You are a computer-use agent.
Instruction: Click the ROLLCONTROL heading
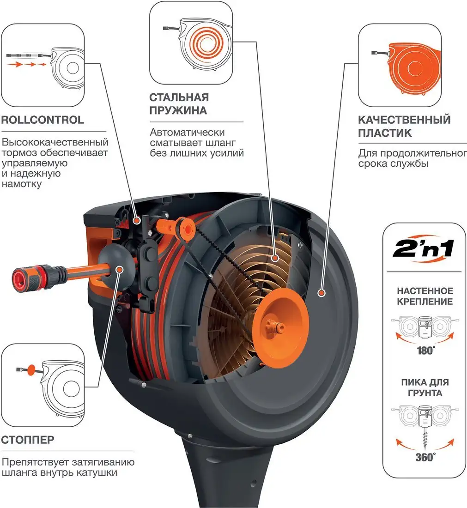point(42,120)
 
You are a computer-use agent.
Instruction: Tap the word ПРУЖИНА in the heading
point(178,111)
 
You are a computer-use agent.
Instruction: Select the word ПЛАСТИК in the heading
point(385,133)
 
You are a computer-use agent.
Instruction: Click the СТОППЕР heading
point(28,439)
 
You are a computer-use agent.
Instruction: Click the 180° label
point(425,351)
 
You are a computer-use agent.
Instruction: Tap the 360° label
point(425,457)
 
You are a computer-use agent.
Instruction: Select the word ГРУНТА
point(425,393)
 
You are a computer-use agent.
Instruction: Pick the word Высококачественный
point(55,142)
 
